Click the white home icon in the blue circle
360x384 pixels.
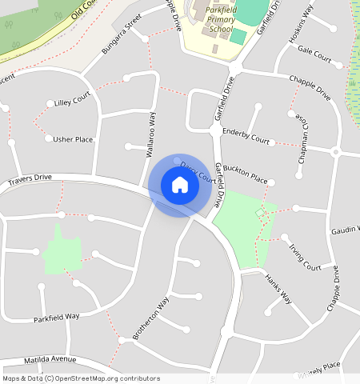180,185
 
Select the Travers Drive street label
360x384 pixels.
30,181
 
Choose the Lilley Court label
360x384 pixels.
73,102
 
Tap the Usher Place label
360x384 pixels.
73,139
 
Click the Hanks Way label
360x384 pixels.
278,289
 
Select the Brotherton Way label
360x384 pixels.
151,318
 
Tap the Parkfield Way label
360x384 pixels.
57,317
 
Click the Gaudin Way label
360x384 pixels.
345,230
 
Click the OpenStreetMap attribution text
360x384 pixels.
80,378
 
